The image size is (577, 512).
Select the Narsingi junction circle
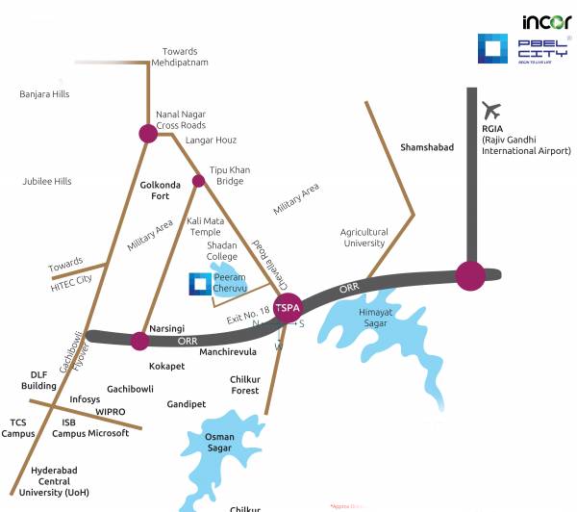coord(140,340)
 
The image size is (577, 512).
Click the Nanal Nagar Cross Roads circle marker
coord(147,134)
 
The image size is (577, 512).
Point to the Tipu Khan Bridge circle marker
coord(199,181)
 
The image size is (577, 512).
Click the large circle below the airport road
coord(470,274)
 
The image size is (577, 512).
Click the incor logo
coord(546,21)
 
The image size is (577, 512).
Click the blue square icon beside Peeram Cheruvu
coord(199,282)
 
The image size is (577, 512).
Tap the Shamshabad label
coord(426,147)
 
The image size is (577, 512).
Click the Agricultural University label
coord(364,238)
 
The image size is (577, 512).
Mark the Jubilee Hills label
coord(47,181)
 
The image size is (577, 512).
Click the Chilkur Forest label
coord(245,385)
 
